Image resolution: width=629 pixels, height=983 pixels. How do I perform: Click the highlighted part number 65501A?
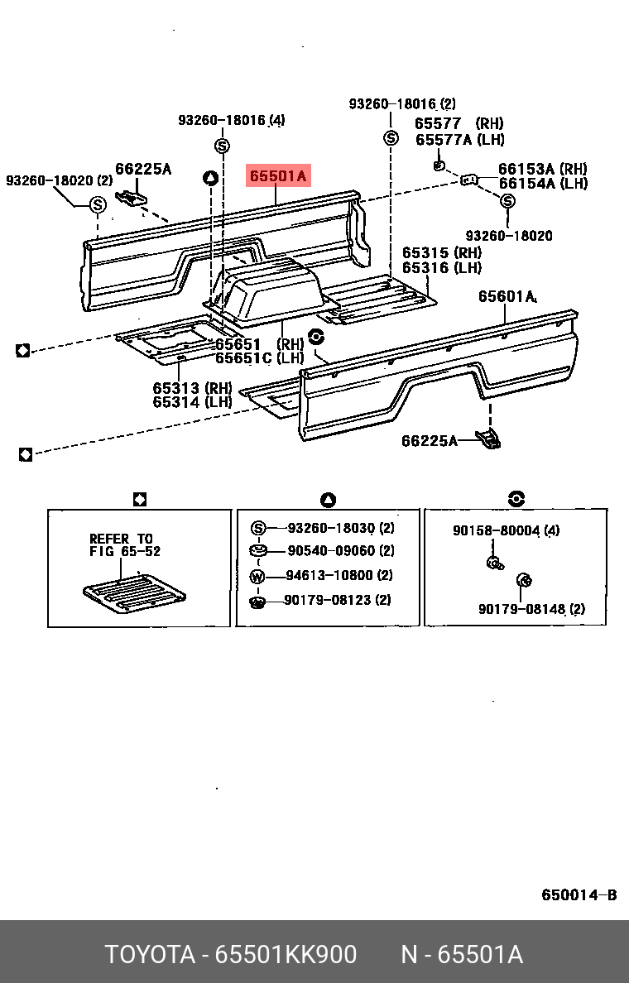(x=279, y=175)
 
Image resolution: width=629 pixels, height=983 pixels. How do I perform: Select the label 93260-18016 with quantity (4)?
(x=231, y=121)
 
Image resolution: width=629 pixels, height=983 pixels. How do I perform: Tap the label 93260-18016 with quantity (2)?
(x=401, y=104)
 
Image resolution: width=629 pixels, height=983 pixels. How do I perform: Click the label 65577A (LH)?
(x=459, y=140)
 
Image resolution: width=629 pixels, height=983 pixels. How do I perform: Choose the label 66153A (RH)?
(x=542, y=169)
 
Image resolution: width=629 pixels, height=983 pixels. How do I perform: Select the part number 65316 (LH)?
(x=442, y=268)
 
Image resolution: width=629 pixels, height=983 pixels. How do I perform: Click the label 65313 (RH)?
(x=192, y=387)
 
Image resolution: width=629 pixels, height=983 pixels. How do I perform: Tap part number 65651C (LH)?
(x=260, y=358)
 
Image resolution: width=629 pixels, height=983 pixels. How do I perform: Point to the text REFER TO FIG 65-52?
(x=125, y=544)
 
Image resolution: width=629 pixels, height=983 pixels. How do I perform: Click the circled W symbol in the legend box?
(x=257, y=576)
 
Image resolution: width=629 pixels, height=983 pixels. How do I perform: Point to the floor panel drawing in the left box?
(x=133, y=593)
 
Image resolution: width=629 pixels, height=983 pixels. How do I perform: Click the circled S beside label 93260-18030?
(x=257, y=529)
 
